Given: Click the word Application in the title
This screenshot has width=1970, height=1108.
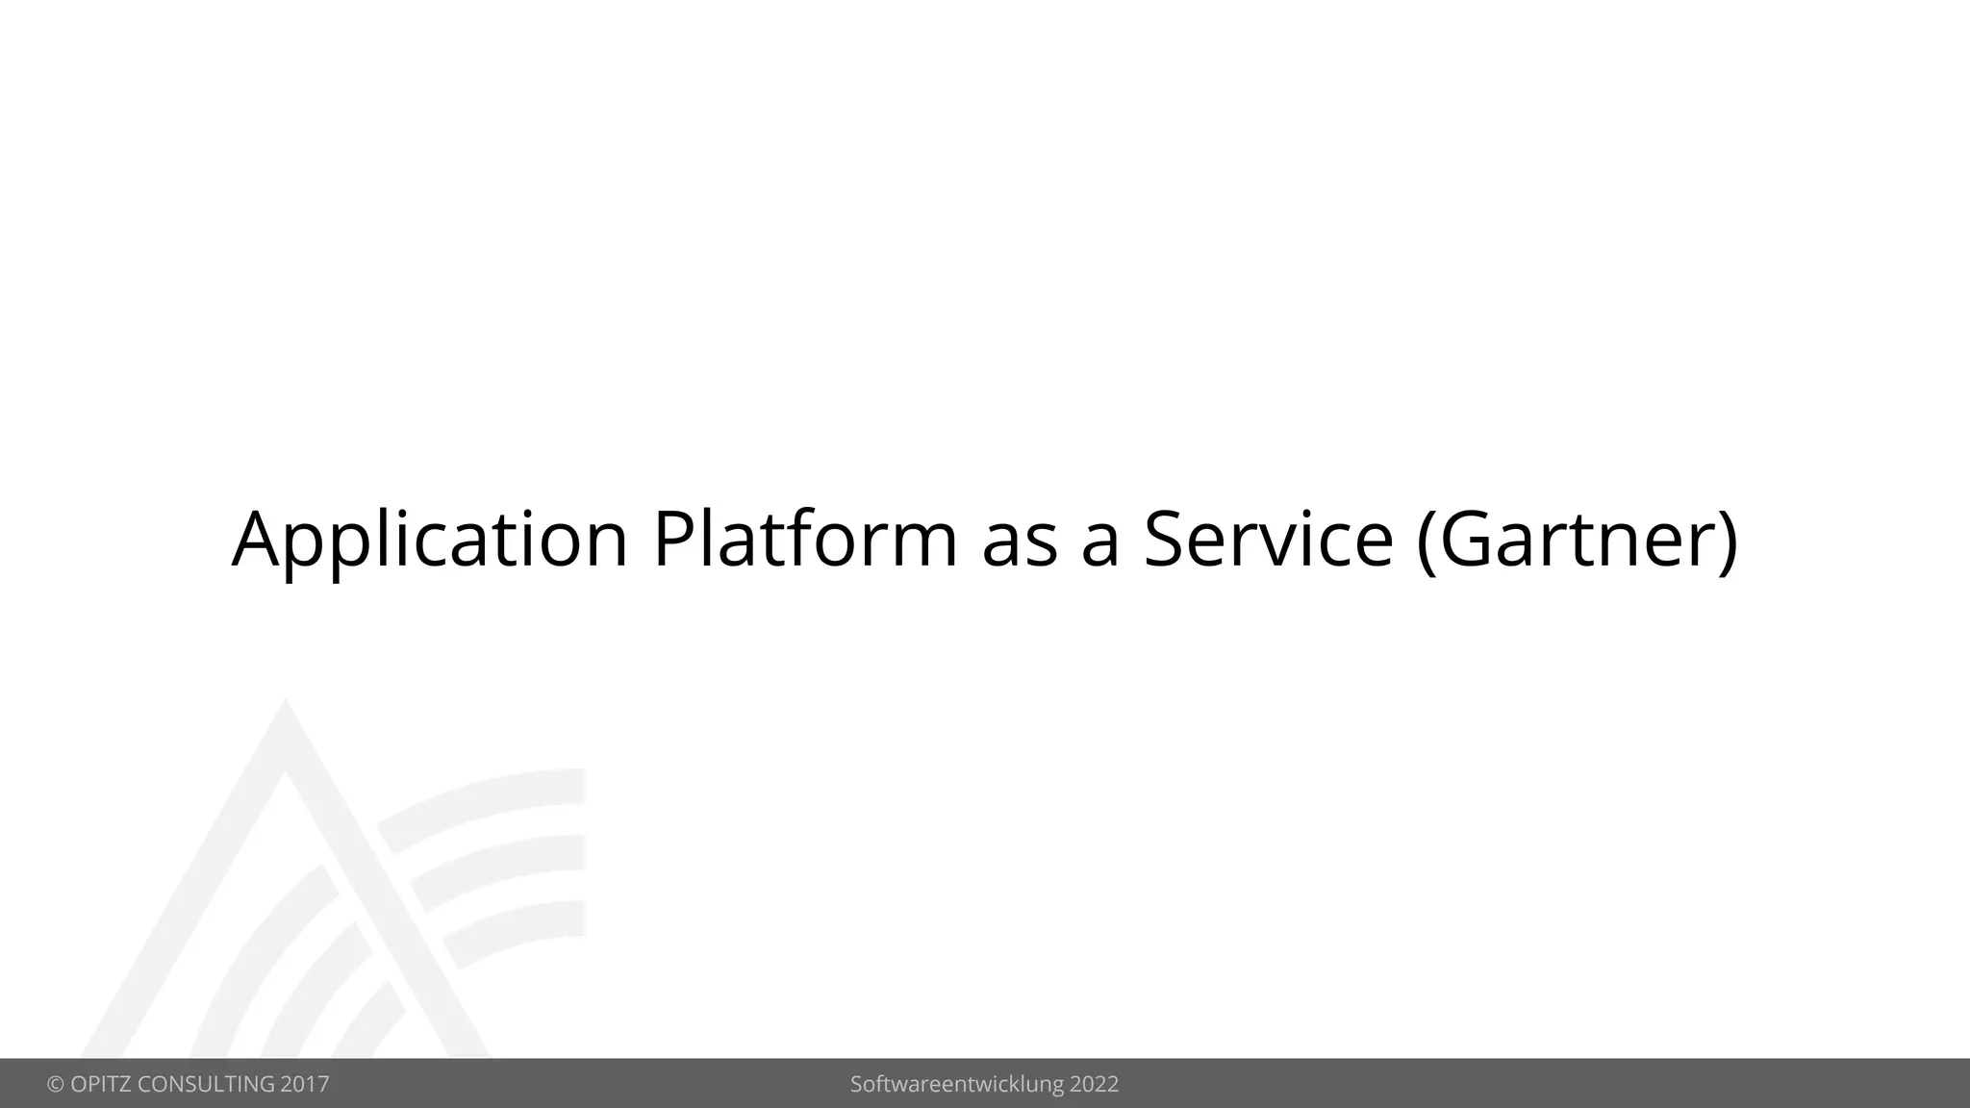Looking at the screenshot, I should point(430,540).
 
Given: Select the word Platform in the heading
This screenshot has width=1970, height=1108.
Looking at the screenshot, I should point(805,540).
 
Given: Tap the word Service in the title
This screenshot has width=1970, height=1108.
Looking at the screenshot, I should point(1268,540).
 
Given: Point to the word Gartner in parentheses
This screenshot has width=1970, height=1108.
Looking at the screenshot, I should point(1577,540).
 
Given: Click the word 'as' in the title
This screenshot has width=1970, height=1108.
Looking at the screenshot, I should point(1020,543).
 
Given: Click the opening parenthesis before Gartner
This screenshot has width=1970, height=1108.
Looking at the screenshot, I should point(1427,541).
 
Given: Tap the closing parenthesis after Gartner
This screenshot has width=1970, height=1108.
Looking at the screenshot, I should point(1727,541).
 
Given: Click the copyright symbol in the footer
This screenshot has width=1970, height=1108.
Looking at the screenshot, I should point(55,1085).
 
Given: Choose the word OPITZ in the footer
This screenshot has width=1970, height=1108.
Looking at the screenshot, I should point(99,1085).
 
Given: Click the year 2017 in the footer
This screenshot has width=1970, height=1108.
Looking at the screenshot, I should point(305,1085).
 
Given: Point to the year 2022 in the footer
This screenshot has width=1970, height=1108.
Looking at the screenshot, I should point(1094,1085).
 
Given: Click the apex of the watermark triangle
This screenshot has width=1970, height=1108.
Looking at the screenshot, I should point(285,707).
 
